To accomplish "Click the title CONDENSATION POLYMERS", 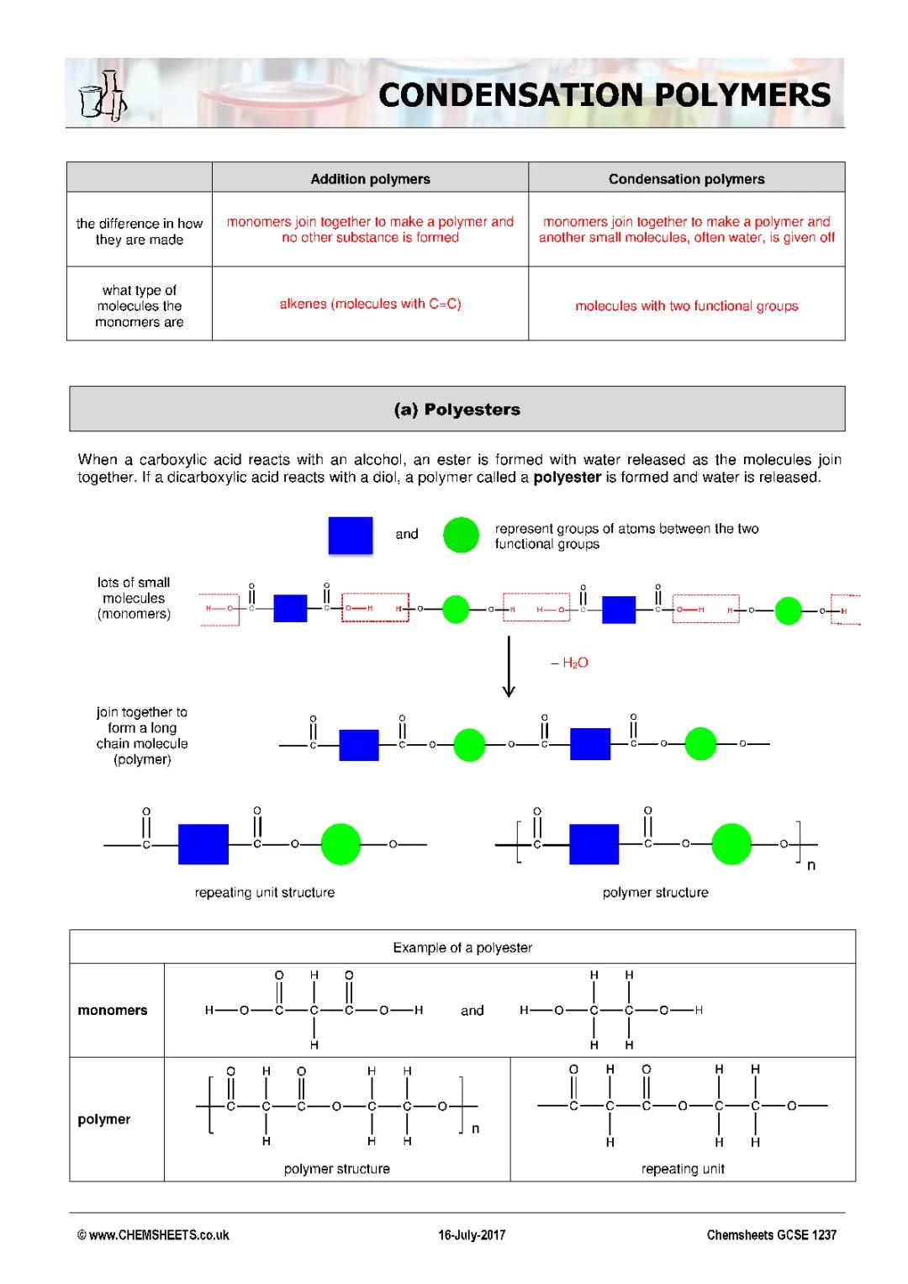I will point(604,95).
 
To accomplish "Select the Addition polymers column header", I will point(370,179).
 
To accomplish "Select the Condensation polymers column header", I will point(686,179).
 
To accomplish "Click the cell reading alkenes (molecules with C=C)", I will point(370,304).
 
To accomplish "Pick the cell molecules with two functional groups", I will point(686,306).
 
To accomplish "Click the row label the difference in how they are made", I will point(140,231).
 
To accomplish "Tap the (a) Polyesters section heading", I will point(457,410).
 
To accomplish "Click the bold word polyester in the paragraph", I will point(567,478).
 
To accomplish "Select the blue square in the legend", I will point(350,535).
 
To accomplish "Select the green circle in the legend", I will point(461,535).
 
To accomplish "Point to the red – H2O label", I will point(570,663).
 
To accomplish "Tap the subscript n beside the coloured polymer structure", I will point(810,865).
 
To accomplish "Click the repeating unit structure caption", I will point(264,893).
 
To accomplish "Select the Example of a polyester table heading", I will point(462,948).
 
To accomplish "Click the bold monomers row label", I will point(113,1011).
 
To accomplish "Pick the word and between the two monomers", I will point(472,1011).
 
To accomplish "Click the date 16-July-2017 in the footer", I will point(472,1235).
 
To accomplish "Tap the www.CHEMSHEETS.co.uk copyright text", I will point(153,1235).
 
